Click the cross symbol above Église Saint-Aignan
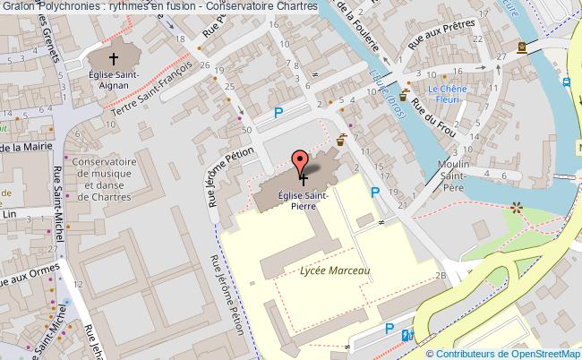pyautogui.click(x=112, y=56)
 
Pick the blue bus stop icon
pyautogui.click(x=567, y=81)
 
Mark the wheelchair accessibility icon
pyautogui.click(x=408, y=335)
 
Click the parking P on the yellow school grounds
pyautogui.click(x=374, y=192)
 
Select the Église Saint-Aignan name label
pyautogui.click(x=113, y=80)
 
